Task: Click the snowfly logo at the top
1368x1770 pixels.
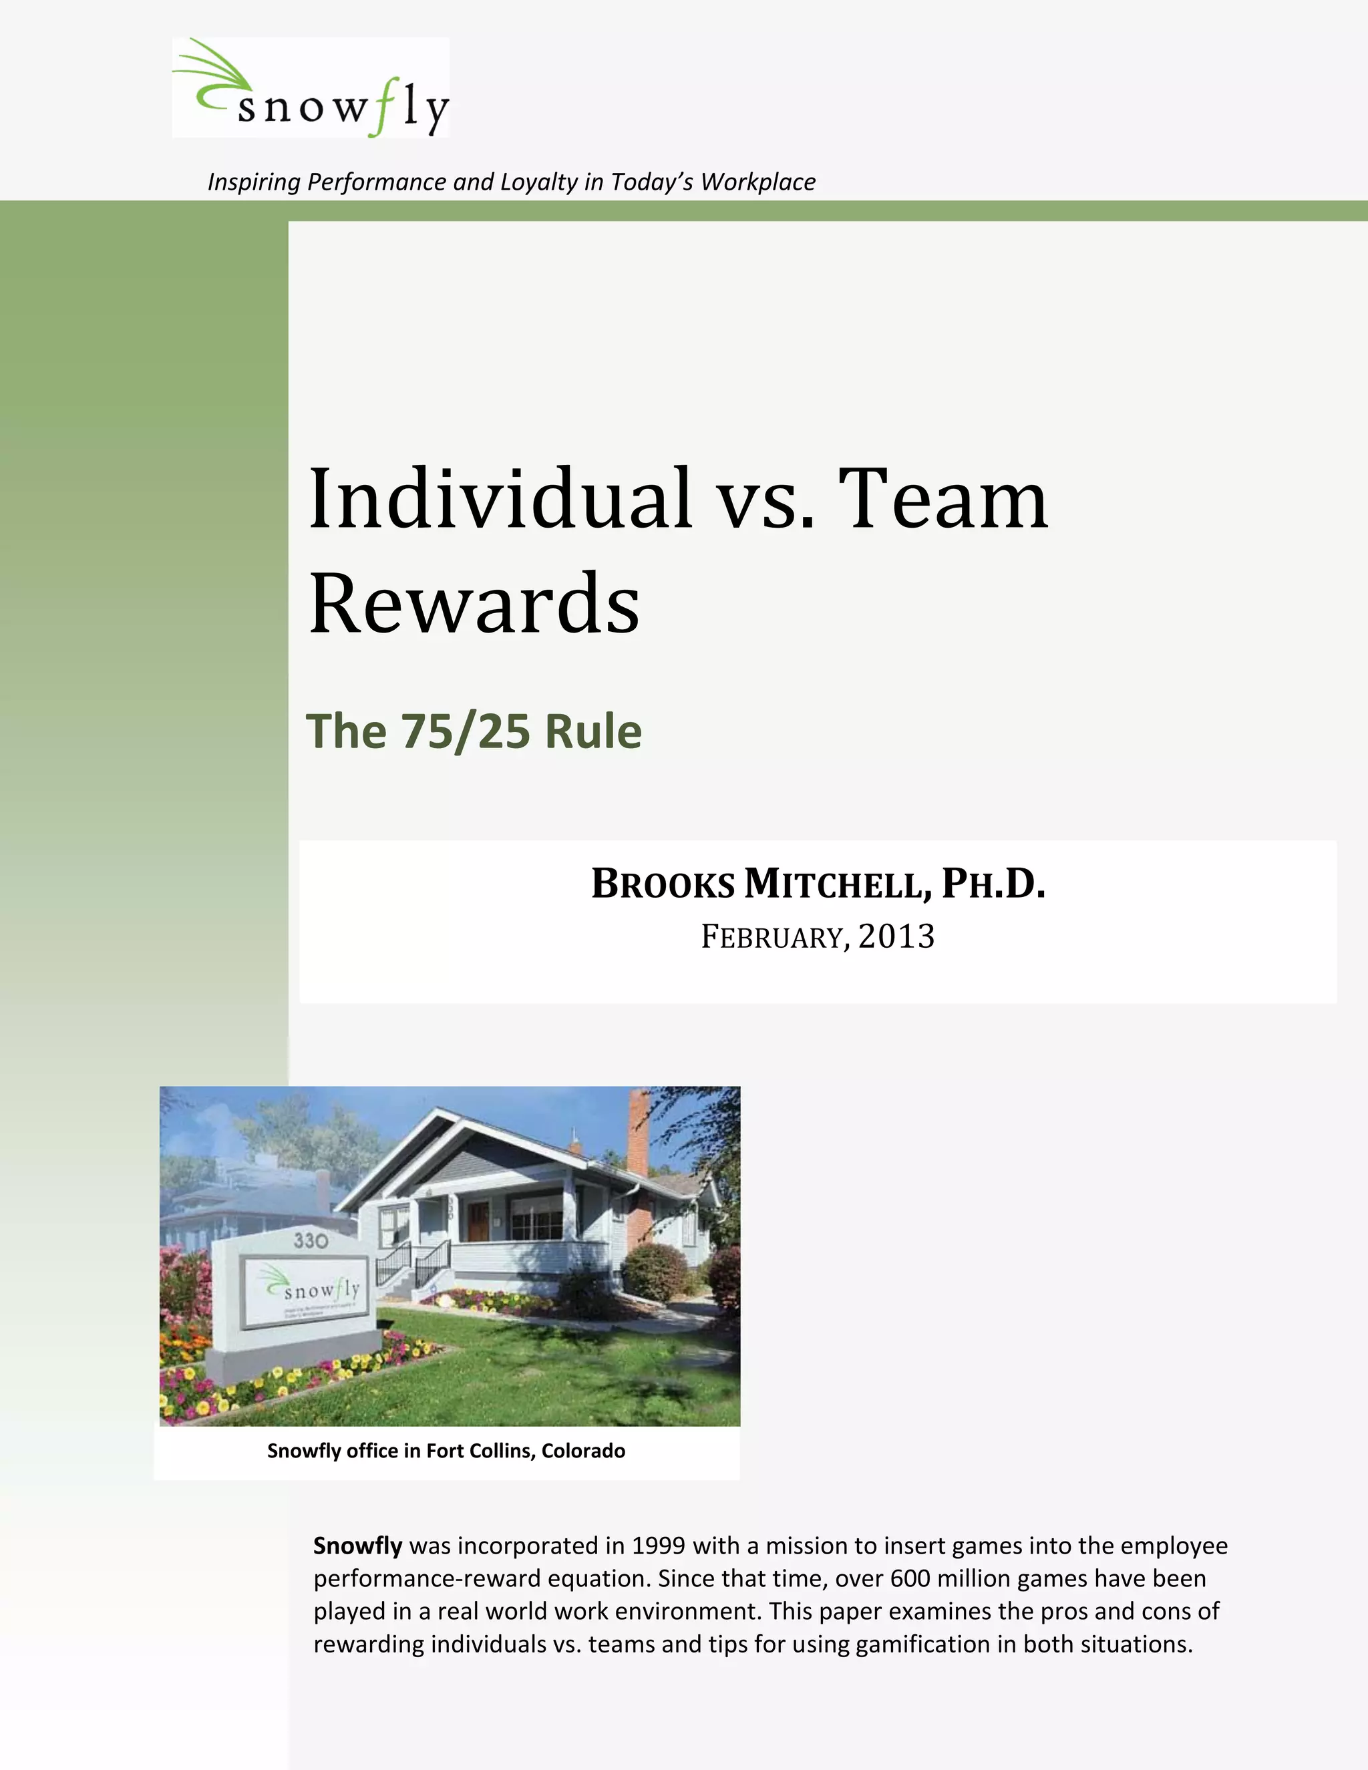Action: tap(311, 87)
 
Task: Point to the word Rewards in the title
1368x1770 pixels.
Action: tap(474, 604)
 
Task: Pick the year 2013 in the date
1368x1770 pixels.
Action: tap(896, 937)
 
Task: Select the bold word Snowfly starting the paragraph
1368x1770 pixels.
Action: tap(357, 1546)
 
